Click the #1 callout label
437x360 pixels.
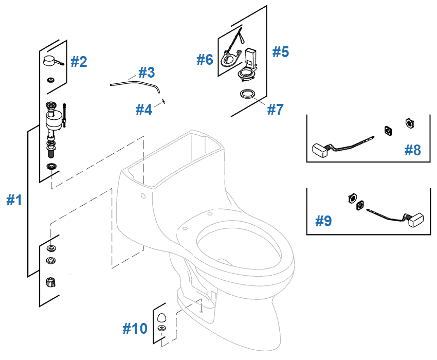(x=14, y=200)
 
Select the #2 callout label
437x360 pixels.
(x=79, y=62)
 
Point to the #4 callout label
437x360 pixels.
(x=144, y=110)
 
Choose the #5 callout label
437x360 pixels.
(x=281, y=52)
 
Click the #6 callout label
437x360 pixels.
(x=205, y=60)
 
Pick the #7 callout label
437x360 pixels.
(x=276, y=110)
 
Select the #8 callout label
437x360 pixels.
(x=412, y=150)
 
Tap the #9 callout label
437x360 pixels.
(x=323, y=221)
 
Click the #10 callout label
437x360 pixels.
(x=135, y=329)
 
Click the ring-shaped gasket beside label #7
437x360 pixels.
(x=247, y=94)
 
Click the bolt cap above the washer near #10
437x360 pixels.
(x=161, y=316)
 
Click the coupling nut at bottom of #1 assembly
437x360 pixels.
(x=51, y=282)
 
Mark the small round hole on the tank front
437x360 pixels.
(x=142, y=196)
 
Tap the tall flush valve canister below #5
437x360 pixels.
(x=250, y=58)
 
